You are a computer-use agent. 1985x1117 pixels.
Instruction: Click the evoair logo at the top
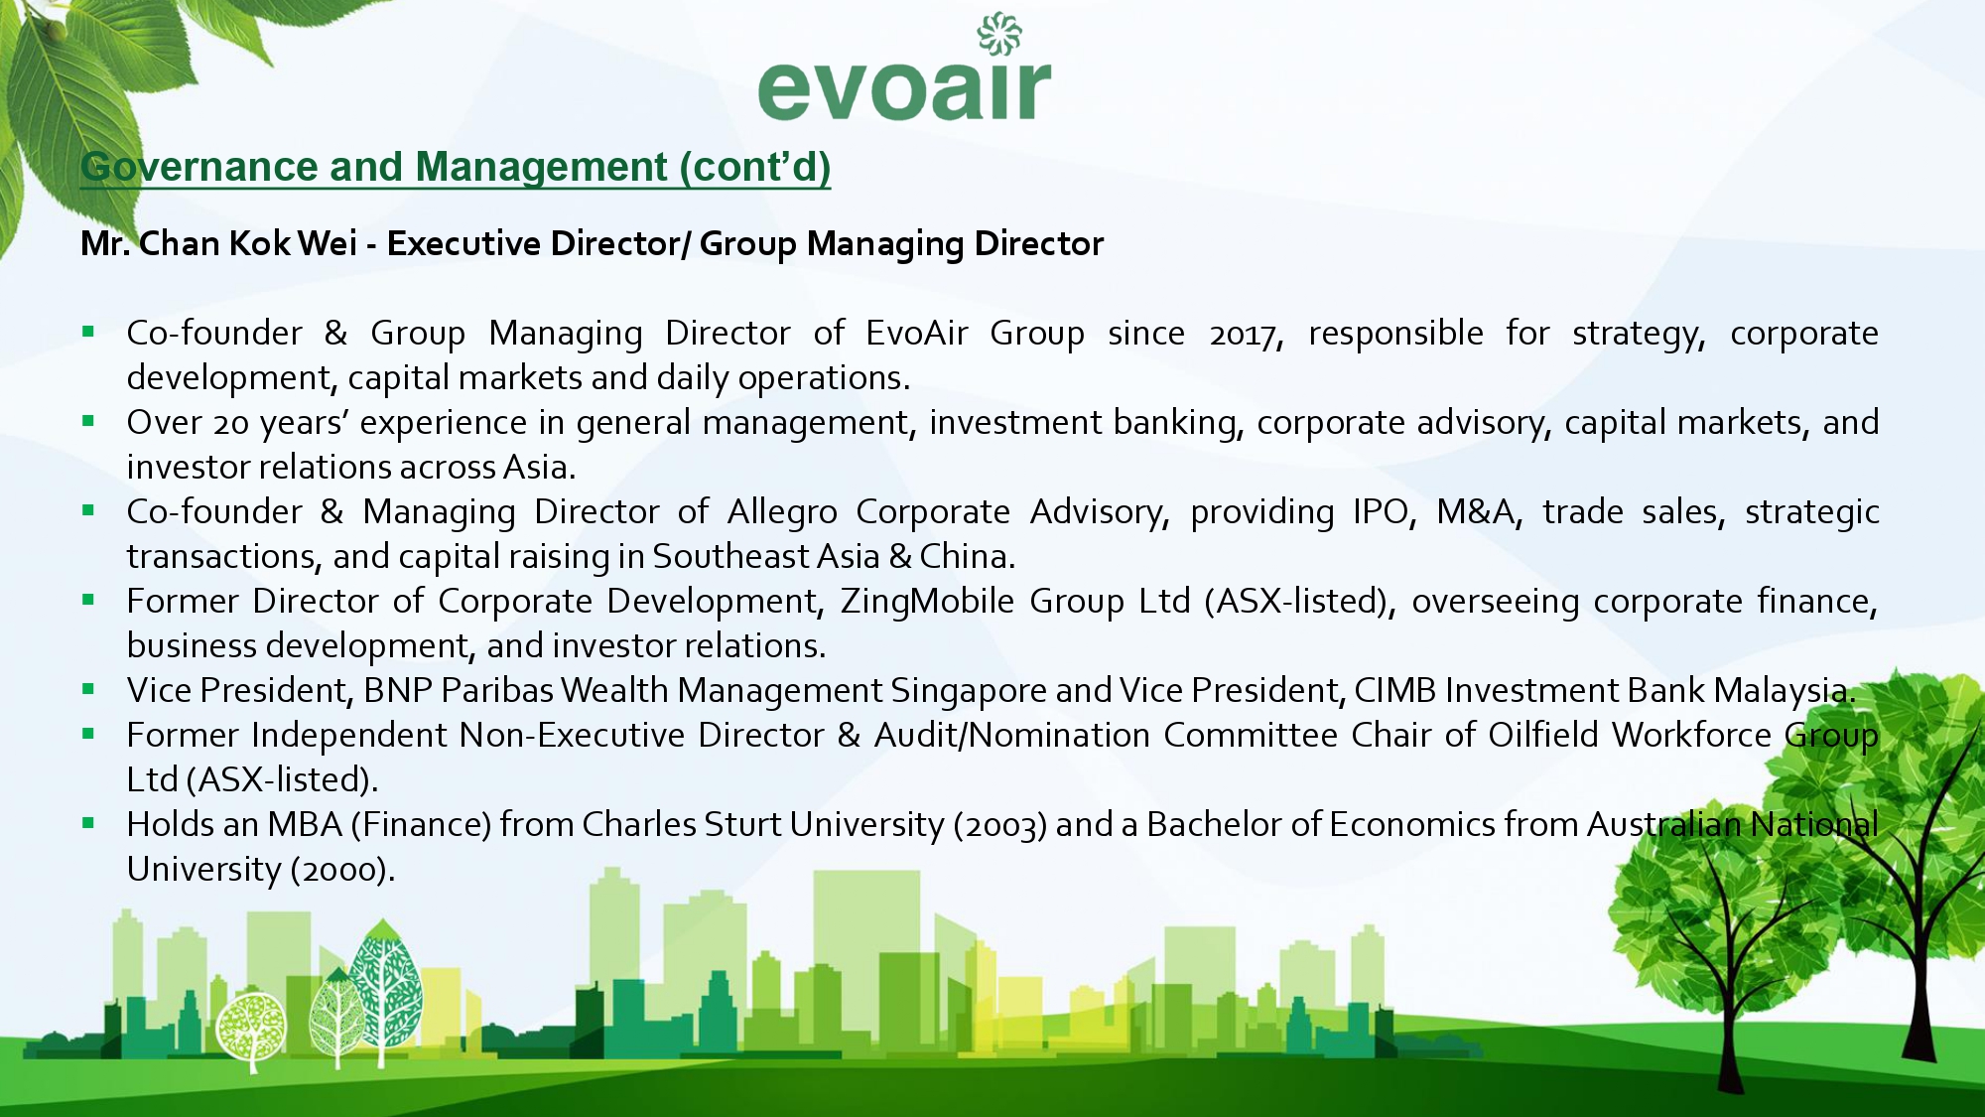click(904, 68)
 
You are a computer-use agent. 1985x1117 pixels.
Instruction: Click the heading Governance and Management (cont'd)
click(456, 167)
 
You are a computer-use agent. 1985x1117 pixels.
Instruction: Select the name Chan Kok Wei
click(248, 243)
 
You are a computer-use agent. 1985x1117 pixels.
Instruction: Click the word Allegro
click(782, 512)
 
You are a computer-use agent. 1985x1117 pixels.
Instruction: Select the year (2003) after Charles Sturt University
click(1000, 825)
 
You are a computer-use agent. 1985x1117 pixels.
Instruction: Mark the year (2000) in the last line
click(342, 870)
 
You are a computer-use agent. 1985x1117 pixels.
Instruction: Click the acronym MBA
click(305, 824)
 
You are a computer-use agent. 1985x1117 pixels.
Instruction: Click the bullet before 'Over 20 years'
click(88, 421)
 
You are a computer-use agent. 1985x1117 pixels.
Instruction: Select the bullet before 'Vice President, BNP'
click(88, 689)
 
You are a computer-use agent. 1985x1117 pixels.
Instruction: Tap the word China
click(967, 557)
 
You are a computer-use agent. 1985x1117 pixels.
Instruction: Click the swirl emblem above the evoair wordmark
click(998, 34)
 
